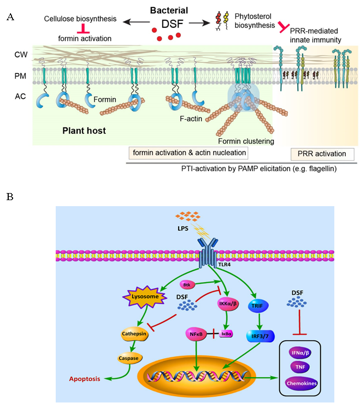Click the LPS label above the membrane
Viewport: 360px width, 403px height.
[190, 227]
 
